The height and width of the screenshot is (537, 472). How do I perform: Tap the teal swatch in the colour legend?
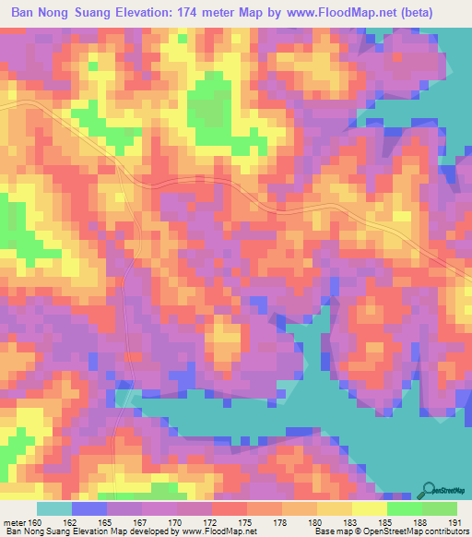53,508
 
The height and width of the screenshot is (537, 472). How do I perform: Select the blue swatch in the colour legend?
88,508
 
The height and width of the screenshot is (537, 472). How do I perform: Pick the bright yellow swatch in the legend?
369,508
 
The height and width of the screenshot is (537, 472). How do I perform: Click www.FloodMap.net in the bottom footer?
218,531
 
